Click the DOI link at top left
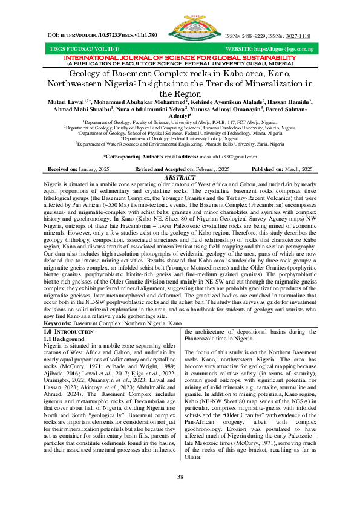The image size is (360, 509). [x=102, y=36]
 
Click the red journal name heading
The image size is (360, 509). [x=180, y=57]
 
